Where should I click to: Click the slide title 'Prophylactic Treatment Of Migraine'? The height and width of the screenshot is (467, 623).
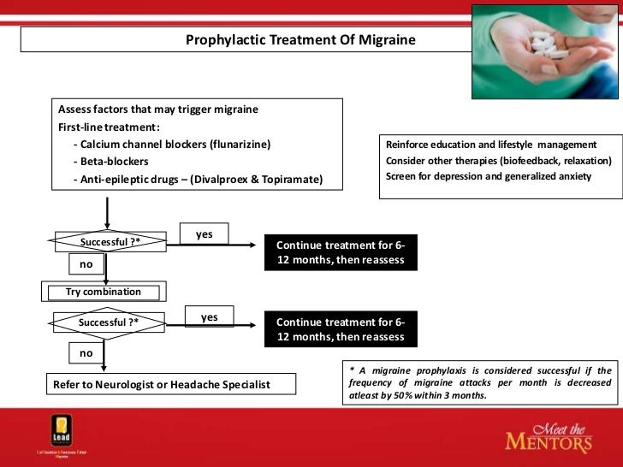(300, 40)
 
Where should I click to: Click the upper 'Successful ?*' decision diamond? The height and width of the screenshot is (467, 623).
(110, 242)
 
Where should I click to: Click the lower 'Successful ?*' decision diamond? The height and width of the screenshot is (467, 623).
(109, 322)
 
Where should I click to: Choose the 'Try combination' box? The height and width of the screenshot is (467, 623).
(104, 292)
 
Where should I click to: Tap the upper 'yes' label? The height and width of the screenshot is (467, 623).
(205, 234)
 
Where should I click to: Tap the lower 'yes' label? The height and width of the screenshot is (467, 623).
(210, 317)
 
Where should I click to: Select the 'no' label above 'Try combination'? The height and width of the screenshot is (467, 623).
(86, 265)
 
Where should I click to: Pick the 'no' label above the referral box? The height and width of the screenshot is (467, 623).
(86, 352)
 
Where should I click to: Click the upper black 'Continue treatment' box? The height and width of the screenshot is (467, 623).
(341, 252)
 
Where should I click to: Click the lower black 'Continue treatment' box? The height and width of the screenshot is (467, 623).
(341, 329)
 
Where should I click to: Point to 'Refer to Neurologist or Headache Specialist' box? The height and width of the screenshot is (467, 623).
(162, 385)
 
